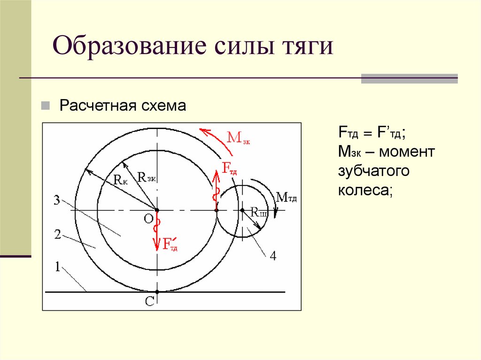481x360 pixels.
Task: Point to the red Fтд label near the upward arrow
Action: [229, 169]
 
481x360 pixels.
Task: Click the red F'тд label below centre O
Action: [170, 244]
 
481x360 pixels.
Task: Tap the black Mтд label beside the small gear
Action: [287, 197]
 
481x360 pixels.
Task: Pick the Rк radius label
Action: [120, 179]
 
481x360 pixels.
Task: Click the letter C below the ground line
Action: [149, 302]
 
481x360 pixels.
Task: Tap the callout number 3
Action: [56, 201]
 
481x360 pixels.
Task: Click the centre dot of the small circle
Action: [242, 210]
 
